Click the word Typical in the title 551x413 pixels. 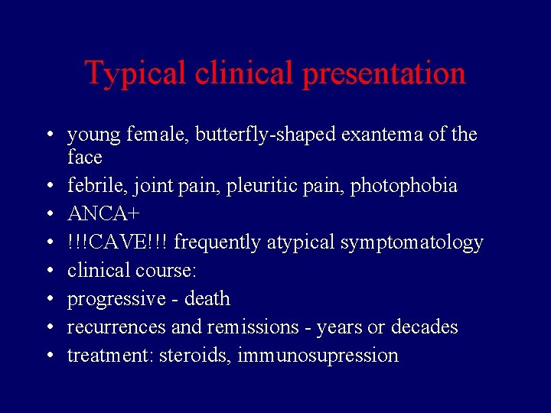pyautogui.click(x=135, y=73)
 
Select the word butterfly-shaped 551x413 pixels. pyautogui.click(x=276, y=135)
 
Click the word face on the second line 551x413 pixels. pyautogui.click(x=84, y=158)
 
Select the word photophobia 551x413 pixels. pyautogui.click(x=403, y=186)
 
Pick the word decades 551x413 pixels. pyautogui.click(x=424, y=327)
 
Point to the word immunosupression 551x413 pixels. pyautogui.click(x=318, y=356)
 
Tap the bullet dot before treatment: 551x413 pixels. pyautogui.click(x=48, y=356)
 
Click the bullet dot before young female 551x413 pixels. pyautogui.click(x=48, y=136)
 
